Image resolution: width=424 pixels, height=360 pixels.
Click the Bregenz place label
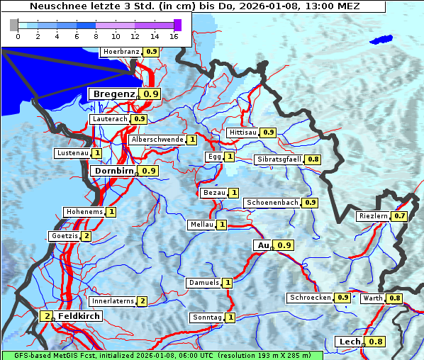pyautogui.click(x=113, y=94)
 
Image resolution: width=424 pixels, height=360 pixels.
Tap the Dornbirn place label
pyautogui.click(x=113, y=171)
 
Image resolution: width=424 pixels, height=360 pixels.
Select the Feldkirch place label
pyautogui.click(x=74, y=316)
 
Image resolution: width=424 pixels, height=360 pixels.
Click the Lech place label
pyautogui.click(x=350, y=342)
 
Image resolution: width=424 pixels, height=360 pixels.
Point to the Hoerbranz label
pyautogui.click(x=121, y=52)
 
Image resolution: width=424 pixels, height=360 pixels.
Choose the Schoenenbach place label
pyautogui.click(x=272, y=203)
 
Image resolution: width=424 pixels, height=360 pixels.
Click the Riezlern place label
pyautogui.click(x=374, y=216)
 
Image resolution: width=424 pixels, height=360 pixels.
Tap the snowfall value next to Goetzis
pyautogui.click(x=87, y=236)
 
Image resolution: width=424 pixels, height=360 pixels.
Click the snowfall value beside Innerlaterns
pyautogui.click(x=142, y=301)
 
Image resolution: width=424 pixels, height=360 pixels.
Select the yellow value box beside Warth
pyautogui.click(x=395, y=298)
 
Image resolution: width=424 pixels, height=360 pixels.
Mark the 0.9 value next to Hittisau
pyautogui.click(x=269, y=133)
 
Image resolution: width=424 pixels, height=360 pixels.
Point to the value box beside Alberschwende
pyautogui.click(x=192, y=140)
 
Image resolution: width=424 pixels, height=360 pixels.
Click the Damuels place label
pyautogui.click(x=203, y=283)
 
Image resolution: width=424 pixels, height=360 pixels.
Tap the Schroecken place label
pyautogui.click(x=310, y=298)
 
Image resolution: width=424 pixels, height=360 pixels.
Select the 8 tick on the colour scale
pyautogui.click(x=96, y=36)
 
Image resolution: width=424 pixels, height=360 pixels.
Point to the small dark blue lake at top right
pyautogui.click(x=381, y=40)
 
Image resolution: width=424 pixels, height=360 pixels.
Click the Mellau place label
pyautogui.click(x=201, y=225)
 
